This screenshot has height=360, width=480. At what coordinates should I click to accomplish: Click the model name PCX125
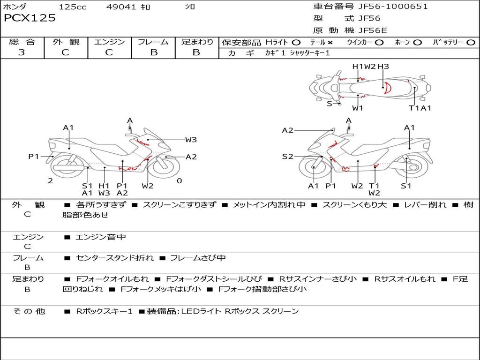coord(30,18)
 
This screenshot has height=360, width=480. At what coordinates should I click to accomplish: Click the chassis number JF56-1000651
coord(386,7)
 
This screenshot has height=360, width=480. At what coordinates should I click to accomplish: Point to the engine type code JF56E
coord(373,31)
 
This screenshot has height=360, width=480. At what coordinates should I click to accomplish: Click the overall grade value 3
coord(22,52)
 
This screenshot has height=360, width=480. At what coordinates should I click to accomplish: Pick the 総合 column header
coord(22,42)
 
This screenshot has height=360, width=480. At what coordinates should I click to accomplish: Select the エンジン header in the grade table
coord(109,42)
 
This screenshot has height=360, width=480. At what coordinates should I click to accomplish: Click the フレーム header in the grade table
coord(153,42)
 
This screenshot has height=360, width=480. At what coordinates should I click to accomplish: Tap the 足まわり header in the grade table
coord(197,42)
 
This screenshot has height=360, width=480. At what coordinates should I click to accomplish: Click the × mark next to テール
coord(330,43)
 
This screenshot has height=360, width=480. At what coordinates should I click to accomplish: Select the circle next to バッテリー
coord(471,43)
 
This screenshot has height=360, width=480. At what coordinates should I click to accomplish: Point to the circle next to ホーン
coord(417,43)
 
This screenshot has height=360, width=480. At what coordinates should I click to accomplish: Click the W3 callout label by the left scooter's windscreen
coord(191,139)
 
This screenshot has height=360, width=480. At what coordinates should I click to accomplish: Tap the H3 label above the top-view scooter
coord(383,67)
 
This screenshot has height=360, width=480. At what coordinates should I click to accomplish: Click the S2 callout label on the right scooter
coord(287,157)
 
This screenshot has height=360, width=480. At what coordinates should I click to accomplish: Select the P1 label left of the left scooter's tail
coord(33,157)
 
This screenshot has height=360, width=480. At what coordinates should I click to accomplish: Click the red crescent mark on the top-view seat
coord(387,87)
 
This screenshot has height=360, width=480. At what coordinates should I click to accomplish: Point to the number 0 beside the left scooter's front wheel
coord(179,181)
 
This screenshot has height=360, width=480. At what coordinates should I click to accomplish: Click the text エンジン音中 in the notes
coord(100,238)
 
